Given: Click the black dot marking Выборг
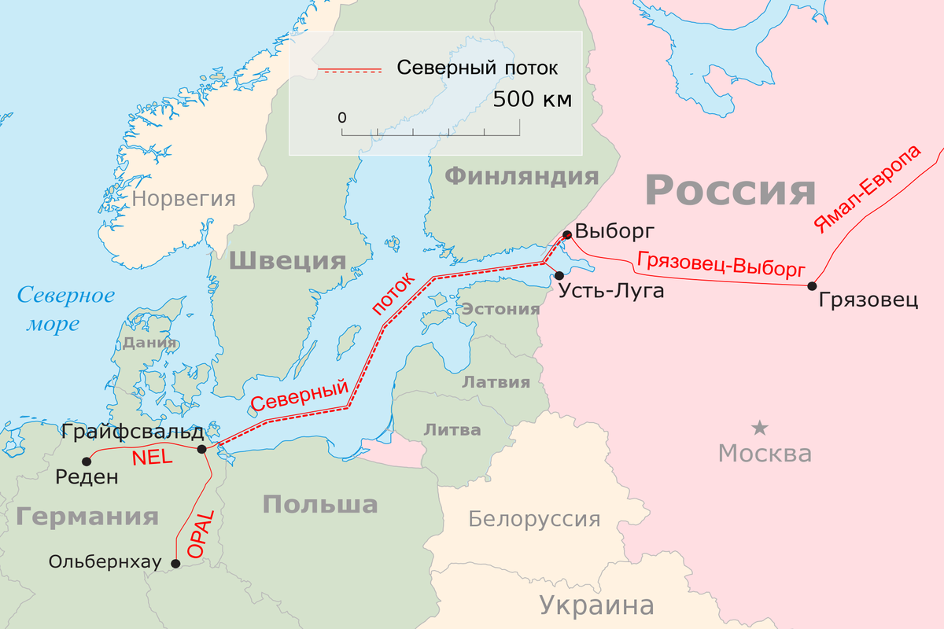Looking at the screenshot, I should click(566, 234).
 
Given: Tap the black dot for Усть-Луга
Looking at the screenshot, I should click(559, 275).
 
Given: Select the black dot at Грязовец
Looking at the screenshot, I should click(813, 286).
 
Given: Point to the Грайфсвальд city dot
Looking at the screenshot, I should click(202, 449).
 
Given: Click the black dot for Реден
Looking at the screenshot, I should click(87, 462).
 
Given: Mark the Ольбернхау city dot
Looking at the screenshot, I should click(175, 563).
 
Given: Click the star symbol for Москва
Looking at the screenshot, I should click(759, 428).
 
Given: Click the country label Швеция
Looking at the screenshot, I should click(287, 260).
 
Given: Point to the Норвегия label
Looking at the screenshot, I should click(183, 198).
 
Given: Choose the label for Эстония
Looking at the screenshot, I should click(500, 308).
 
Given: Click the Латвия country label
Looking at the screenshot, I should click(496, 382).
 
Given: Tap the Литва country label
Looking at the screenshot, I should click(452, 429).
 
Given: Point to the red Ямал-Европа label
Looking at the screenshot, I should click(865, 189).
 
